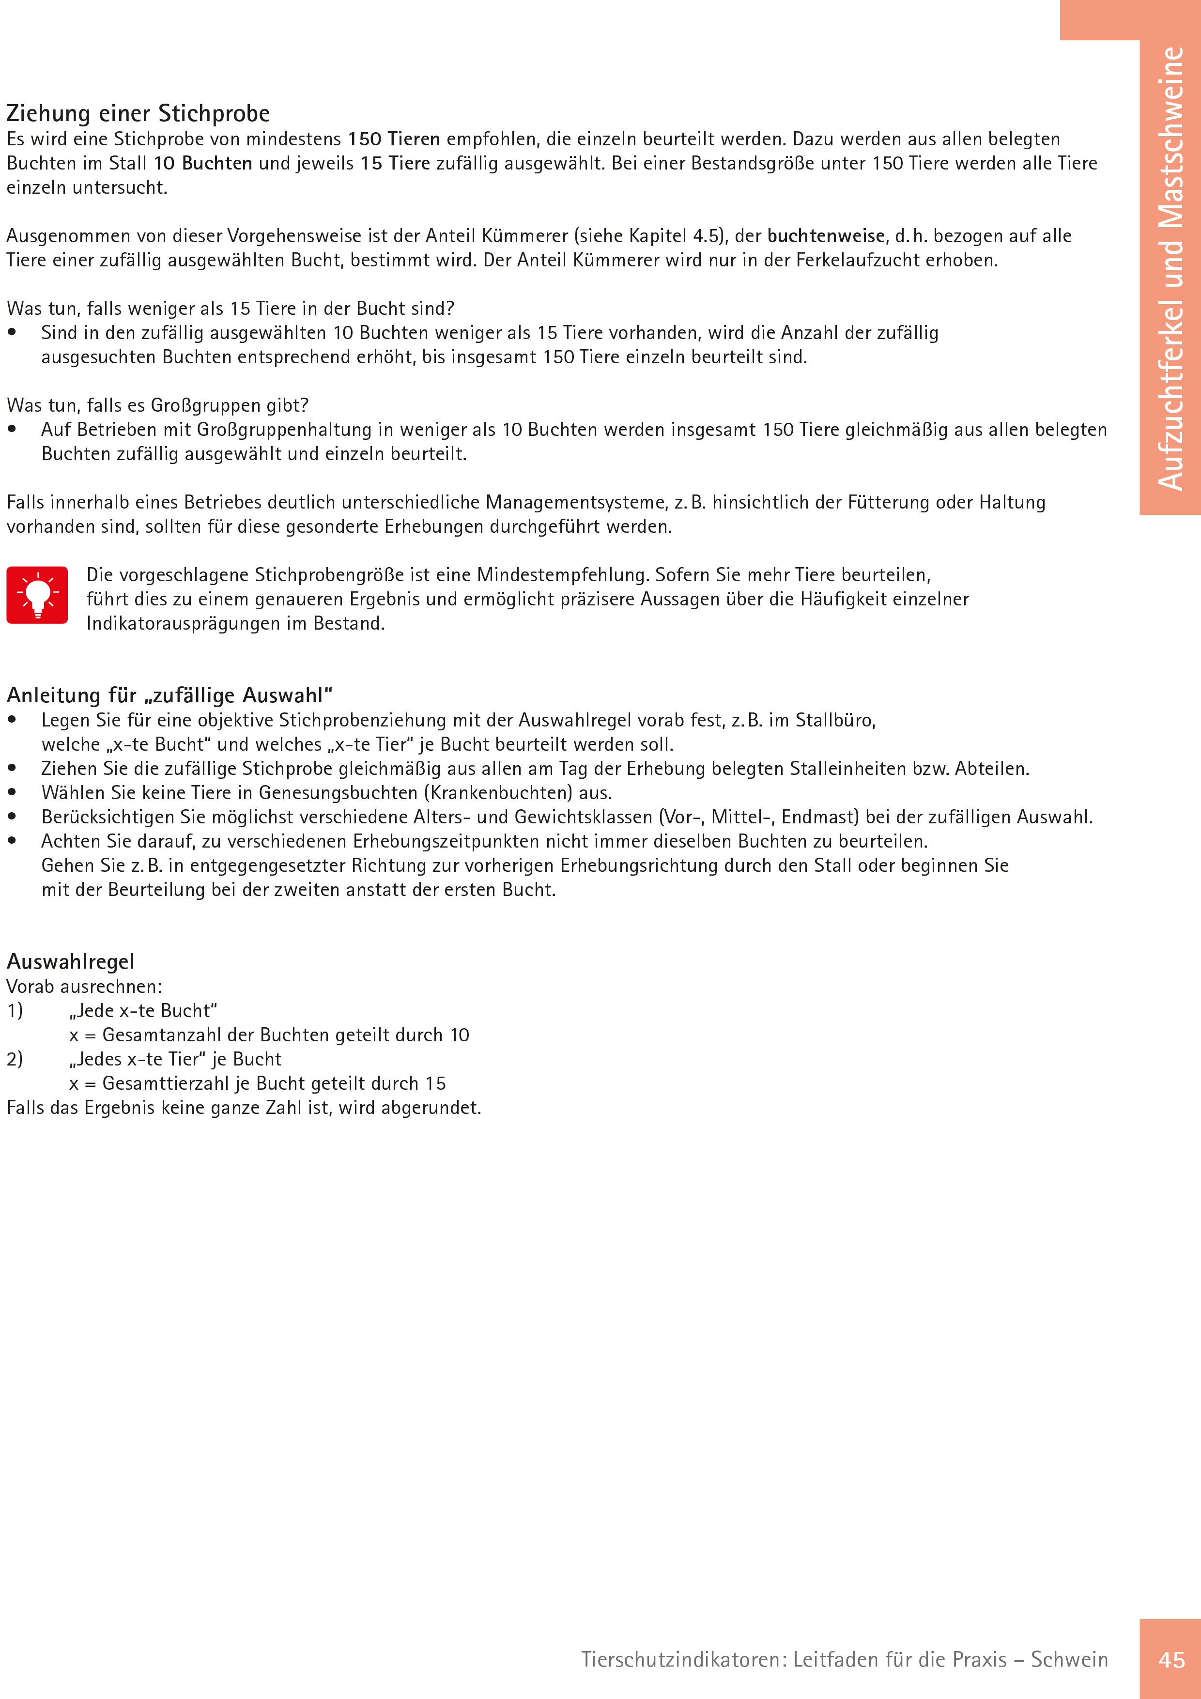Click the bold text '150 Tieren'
point(394,139)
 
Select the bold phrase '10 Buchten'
point(203,164)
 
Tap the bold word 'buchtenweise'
point(826,236)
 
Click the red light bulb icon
point(37,595)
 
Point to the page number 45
point(1171,1660)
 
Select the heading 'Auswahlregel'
point(70,961)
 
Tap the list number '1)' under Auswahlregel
point(15,1011)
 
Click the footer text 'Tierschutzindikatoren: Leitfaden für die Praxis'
point(793,1660)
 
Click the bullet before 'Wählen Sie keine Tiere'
point(12,792)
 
